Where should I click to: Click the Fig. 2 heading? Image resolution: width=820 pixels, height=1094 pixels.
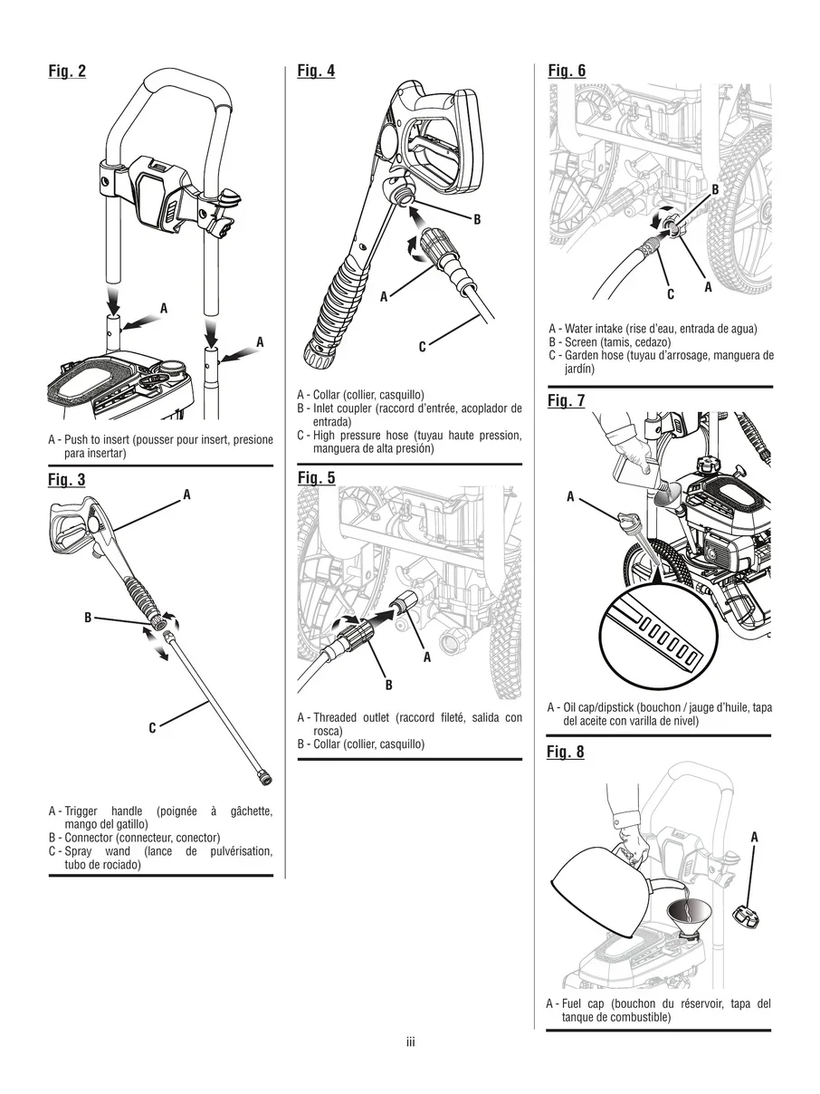point(67,72)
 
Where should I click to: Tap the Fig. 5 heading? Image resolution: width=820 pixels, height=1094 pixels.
point(316,477)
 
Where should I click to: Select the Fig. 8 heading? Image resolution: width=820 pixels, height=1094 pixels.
point(566,752)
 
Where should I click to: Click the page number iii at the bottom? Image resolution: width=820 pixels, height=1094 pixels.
point(410,1043)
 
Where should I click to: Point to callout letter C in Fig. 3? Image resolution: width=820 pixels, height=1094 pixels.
point(153,727)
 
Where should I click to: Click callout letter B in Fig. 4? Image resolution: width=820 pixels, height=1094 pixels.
point(477,219)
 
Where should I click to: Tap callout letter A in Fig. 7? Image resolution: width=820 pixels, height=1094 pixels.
point(570,495)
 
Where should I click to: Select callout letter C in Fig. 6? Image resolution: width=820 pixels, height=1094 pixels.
point(671,293)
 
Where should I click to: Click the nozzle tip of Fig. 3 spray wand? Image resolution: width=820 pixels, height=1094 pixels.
point(265,777)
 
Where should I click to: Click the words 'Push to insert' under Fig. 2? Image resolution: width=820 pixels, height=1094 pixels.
point(100,440)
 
